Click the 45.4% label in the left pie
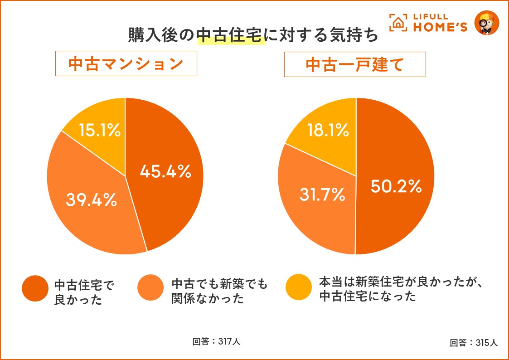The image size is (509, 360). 165,171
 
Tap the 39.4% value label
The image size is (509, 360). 91,199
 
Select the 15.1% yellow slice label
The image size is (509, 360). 100,131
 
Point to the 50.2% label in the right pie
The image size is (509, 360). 396,186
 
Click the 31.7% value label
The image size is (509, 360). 322,195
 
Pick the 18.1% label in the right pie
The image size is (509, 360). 328,131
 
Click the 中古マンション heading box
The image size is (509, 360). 126,63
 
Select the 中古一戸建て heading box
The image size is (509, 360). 355,64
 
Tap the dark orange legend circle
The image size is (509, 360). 35,288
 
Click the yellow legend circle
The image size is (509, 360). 299,287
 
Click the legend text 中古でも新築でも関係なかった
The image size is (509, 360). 220,291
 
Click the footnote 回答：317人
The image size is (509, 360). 216,341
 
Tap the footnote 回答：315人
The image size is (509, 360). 474,343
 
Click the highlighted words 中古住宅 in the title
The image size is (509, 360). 231,35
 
